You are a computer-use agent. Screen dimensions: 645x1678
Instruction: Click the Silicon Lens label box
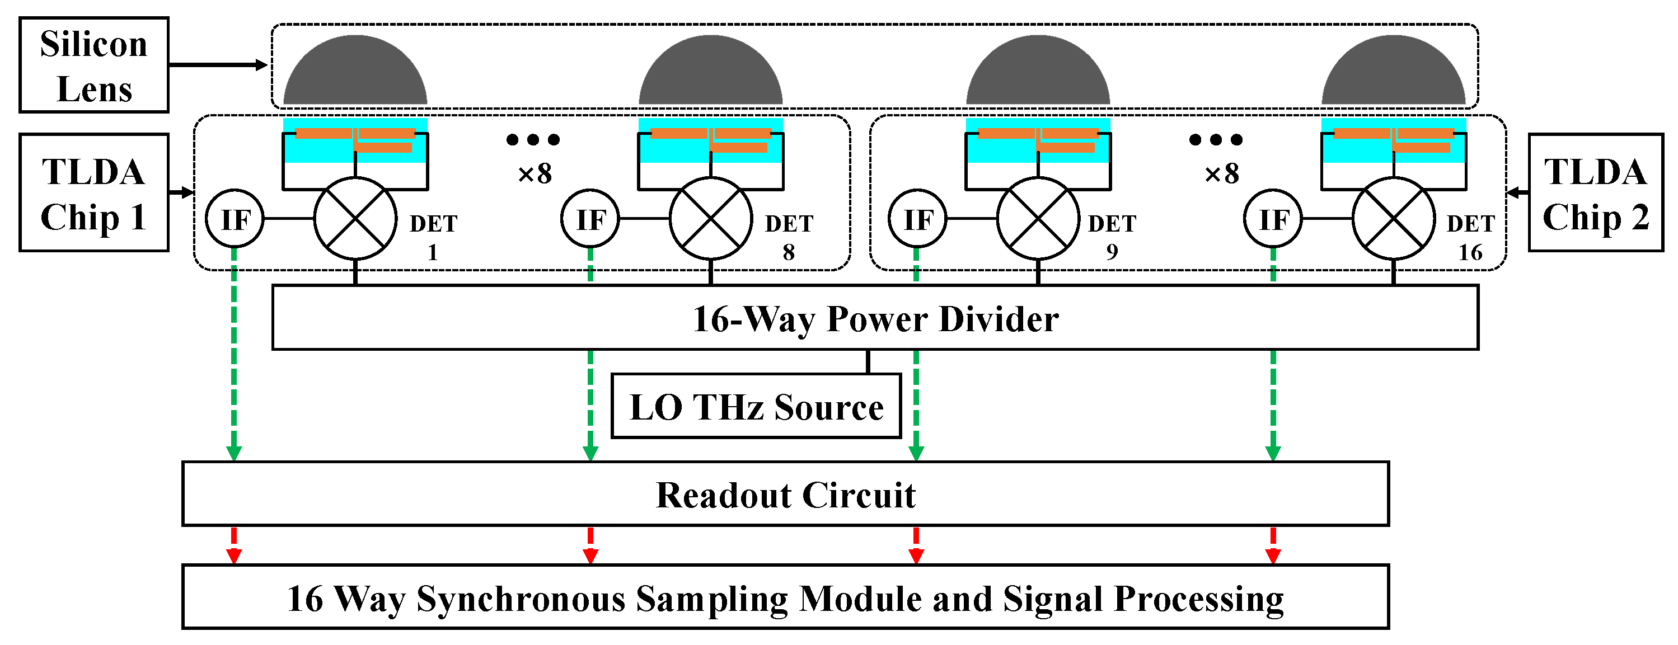(94, 65)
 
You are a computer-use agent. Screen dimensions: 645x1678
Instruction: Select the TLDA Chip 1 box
(94, 192)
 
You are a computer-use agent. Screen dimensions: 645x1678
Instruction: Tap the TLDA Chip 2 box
(1595, 192)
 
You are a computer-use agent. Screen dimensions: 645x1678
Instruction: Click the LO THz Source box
(756, 407)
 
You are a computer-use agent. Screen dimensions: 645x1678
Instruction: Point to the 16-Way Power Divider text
(875, 319)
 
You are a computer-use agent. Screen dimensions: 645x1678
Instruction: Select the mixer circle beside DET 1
(355, 219)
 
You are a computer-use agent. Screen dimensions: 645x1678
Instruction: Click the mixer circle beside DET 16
(1393, 219)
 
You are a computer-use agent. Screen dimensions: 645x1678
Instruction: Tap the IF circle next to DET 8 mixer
(590, 219)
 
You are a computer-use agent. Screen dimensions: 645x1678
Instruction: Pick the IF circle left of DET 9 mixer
(917, 219)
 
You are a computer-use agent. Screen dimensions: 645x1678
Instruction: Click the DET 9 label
(1112, 237)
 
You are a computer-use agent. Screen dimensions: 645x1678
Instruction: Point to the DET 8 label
(789, 237)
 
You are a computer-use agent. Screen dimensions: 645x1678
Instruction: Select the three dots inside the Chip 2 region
(1216, 139)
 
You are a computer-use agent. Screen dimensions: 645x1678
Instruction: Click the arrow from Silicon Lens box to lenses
(218, 65)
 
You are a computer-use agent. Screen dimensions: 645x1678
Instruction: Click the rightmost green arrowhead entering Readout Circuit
(1273, 453)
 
